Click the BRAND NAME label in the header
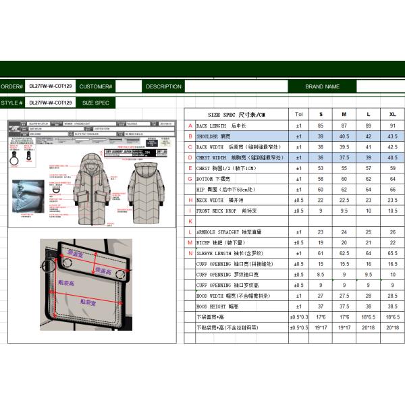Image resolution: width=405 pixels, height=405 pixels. point(323,86)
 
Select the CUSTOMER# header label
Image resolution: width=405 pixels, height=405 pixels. point(95,86)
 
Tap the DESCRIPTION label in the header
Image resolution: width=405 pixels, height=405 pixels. point(163,86)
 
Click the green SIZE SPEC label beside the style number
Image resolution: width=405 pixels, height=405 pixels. point(95,103)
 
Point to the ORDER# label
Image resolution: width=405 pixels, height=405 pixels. point(11,86)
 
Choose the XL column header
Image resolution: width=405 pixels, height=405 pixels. point(393,115)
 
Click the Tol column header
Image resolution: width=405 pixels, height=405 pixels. point(299,115)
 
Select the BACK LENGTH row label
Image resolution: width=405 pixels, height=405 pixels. point(220,126)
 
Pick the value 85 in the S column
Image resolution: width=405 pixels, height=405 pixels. point(321,126)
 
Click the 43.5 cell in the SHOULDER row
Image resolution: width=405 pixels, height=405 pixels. point(393,136)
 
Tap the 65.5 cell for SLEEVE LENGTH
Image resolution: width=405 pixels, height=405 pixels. point(393,253)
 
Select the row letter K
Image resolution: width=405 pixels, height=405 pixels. point(190,221)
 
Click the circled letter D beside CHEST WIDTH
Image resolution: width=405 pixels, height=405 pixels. point(190,157)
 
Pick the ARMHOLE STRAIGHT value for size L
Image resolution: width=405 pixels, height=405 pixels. point(369,232)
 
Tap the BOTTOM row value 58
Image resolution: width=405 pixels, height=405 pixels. point(321,179)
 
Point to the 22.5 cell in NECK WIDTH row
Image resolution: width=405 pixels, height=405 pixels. point(344,200)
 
